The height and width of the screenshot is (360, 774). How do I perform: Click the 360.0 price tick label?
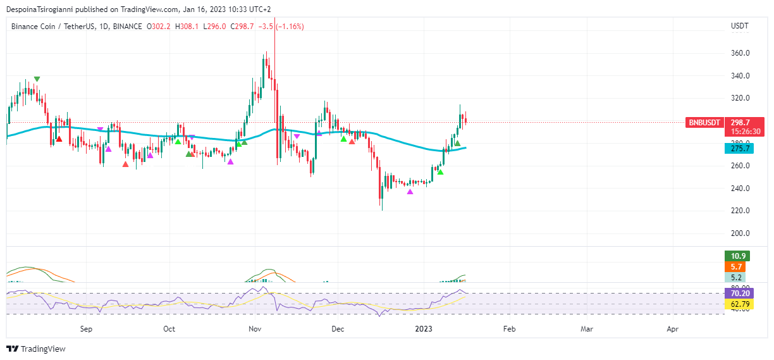(740, 53)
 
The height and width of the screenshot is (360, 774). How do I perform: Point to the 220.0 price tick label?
(740, 211)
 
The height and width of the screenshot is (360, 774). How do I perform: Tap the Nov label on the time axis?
(255, 329)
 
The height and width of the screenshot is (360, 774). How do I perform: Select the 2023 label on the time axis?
(423, 329)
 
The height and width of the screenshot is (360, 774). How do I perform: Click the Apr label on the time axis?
(673, 329)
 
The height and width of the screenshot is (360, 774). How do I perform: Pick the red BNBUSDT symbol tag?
(704, 123)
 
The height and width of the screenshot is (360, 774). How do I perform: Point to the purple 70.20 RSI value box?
(740, 294)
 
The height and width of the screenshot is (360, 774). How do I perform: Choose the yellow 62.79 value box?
(740, 304)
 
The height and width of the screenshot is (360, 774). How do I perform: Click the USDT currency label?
(739, 26)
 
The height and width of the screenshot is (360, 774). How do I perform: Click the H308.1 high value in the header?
(187, 27)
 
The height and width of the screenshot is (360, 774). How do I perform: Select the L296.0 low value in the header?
(214, 27)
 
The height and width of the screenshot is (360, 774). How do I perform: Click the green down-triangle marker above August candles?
(37, 79)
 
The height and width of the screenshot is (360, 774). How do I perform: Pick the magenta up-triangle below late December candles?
(410, 192)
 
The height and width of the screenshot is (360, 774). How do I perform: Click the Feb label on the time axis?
(509, 329)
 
